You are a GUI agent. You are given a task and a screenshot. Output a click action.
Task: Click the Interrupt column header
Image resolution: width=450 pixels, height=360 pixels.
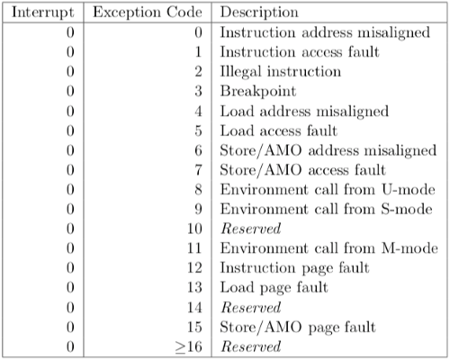click(42, 13)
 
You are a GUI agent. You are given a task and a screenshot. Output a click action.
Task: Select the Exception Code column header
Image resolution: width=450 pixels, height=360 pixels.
click(148, 13)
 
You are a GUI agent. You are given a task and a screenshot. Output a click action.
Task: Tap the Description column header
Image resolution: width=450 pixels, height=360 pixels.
click(259, 13)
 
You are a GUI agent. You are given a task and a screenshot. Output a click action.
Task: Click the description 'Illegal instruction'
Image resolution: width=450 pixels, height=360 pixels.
click(281, 72)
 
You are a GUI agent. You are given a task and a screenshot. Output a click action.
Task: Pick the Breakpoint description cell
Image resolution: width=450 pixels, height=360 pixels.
click(258, 92)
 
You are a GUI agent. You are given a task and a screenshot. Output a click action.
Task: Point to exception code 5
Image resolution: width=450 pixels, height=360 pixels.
click(198, 130)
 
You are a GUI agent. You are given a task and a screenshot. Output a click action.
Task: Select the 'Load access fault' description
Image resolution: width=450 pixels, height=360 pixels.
click(279, 130)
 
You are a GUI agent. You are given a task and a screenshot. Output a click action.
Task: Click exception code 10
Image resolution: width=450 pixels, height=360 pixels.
click(194, 229)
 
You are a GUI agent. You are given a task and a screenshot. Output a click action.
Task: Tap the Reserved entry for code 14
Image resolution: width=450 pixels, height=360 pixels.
click(251, 308)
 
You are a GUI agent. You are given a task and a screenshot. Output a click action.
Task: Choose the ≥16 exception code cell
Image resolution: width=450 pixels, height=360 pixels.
click(189, 346)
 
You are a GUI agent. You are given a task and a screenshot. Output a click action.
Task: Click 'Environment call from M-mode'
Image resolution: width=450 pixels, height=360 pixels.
click(328, 248)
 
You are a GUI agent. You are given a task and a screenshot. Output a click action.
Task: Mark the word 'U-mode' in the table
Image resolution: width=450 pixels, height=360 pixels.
click(409, 190)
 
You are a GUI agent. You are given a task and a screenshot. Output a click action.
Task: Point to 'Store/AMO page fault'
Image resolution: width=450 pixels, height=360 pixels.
click(298, 328)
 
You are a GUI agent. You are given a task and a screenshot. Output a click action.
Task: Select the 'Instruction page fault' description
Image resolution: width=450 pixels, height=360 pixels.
click(294, 268)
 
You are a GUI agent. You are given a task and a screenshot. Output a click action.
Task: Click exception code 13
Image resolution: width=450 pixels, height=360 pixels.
click(194, 288)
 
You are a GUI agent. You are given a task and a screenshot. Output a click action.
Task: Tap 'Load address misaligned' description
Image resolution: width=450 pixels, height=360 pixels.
click(304, 112)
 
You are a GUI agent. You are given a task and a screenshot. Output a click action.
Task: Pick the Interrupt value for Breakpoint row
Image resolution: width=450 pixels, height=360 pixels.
click(70, 92)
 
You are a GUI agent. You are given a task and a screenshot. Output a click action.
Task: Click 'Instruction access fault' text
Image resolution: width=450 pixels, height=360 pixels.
click(300, 52)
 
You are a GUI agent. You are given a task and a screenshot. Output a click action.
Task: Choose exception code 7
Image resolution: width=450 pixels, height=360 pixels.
click(198, 170)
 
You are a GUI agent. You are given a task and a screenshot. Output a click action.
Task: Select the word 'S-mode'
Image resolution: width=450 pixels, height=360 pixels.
click(407, 209)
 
